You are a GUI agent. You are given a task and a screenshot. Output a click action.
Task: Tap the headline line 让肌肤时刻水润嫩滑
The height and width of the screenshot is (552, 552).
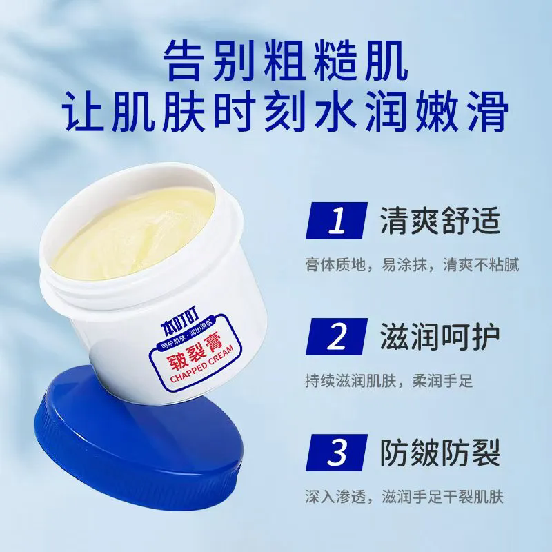pyautogui.click(x=285, y=112)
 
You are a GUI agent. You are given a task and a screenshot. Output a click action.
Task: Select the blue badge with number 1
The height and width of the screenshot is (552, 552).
pyautogui.click(x=337, y=220)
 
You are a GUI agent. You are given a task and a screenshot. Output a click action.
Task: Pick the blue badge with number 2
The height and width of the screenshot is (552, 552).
pyautogui.click(x=337, y=336)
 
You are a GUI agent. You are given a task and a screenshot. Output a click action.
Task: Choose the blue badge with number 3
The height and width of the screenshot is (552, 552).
pyautogui.click(x=337, y=453)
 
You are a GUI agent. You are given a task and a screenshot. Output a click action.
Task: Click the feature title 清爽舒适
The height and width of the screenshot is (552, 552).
pyautogui.click(x=440, y=221)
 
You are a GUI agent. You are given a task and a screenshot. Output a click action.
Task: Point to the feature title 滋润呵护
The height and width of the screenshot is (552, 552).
pyautogui.click(x=440, y=337)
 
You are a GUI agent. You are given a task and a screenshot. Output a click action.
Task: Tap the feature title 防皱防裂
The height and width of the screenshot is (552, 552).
pyautogui.click(x=440, y=453)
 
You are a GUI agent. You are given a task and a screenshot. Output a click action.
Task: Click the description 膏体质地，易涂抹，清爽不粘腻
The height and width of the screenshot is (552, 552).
pyautogui.click(x=412, y=265)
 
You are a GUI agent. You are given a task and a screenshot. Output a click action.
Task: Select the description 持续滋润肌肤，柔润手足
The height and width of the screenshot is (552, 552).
pyautogui.click(x=389, y=381)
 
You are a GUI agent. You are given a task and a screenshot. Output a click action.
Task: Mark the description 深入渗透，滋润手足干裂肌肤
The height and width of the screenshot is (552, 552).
pyautogui.click(x=404, y=497)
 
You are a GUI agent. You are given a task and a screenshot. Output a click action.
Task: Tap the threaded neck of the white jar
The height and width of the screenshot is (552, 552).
pyautogui.click(x=141, y=275)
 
